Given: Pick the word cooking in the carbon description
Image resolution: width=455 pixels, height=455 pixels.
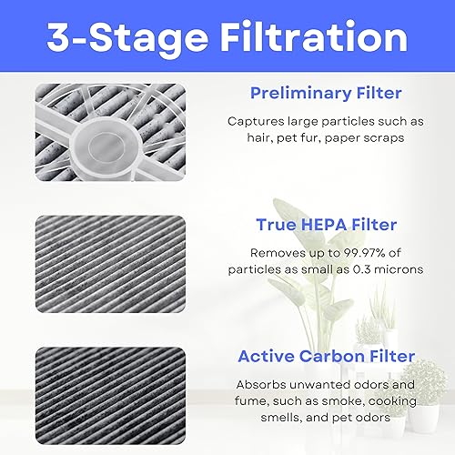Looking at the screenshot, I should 393,401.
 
